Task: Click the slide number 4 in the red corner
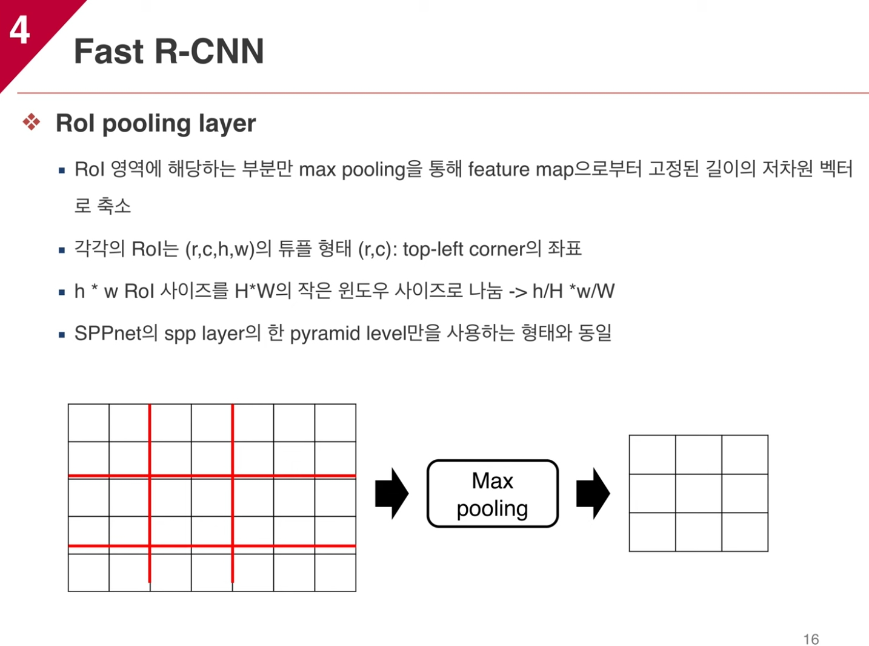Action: (x=19, y=30)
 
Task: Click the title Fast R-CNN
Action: (x=168, y=51)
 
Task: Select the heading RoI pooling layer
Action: (x=155, y=123)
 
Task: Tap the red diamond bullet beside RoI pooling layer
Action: (x=32, y=123)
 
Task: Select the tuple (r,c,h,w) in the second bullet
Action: (x=219, y=249)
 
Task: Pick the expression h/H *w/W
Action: (x=573, y=291)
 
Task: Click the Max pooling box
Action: (x=492, y=494)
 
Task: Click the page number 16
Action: (x=811, y=639)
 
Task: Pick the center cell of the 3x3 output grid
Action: (x=699, y=493)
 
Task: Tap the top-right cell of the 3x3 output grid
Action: (x=745, y=454)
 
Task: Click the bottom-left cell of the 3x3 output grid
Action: (x=653, y=532)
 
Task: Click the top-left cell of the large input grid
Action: (x=88, y=423)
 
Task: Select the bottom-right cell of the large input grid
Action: (x=335, y=573)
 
